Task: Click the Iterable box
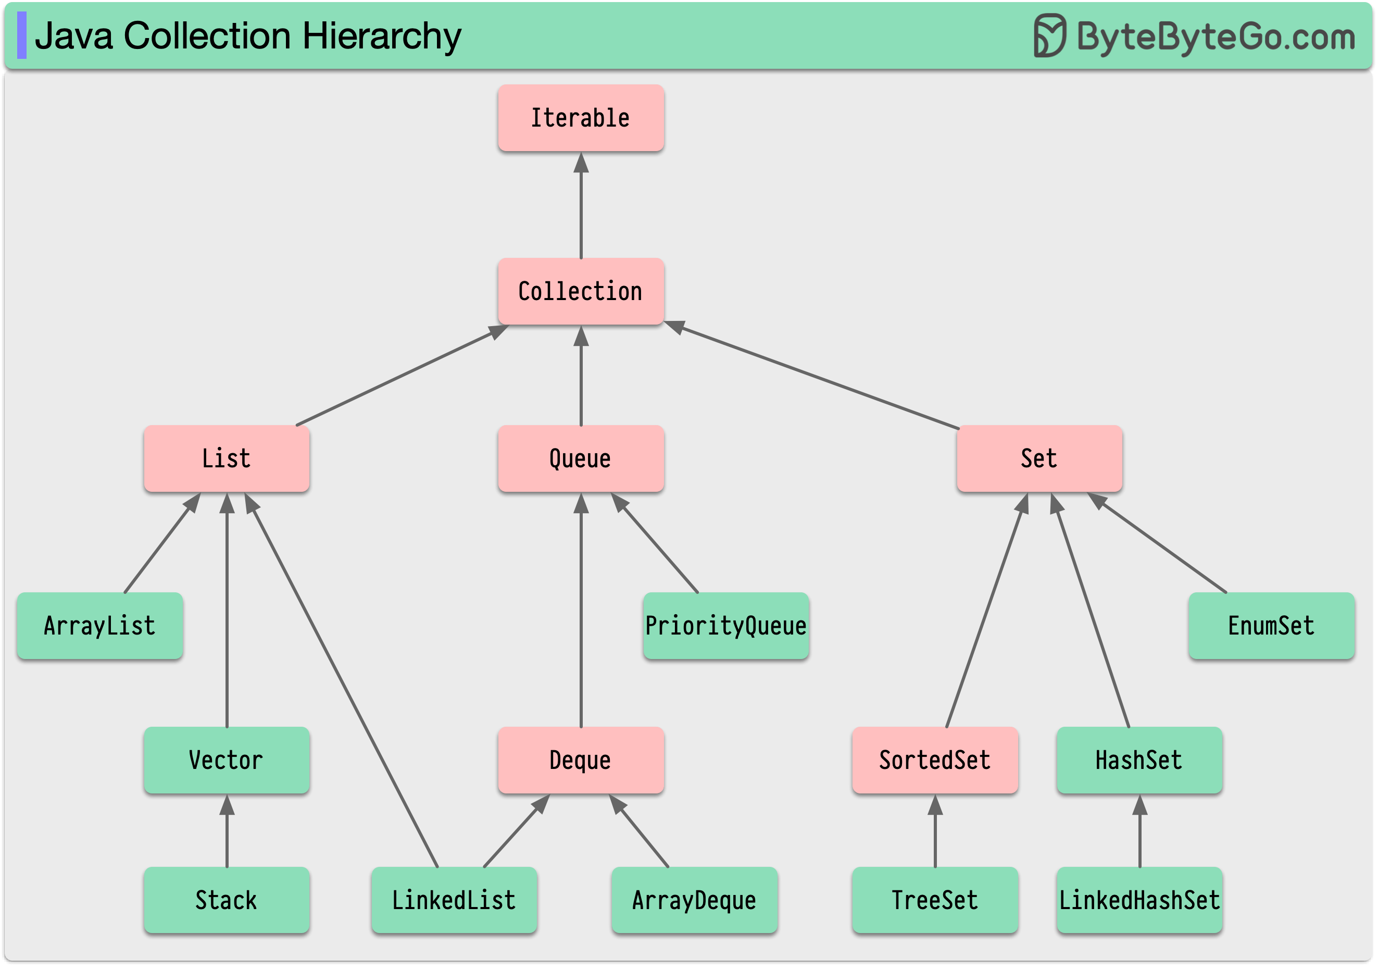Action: tap(580, 118)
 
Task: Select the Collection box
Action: tap(580, 291)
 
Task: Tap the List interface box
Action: tap(226, 458)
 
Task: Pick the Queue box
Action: tap(580, 458)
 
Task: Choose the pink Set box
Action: tap(1039, 458)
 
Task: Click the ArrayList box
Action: tap(99, 626)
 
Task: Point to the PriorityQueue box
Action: tap(725, 626)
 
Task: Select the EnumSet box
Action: tap(1271, 626)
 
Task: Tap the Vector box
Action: tap(226, 760)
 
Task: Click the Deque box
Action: tap(580, 760)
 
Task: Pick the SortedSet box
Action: tap(934, 760)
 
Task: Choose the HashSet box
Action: tap(1139, 760)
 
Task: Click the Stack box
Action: tap(226, 900)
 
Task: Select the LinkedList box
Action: tap(454, 900)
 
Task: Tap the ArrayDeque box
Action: tap(694, 900)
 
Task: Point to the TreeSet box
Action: tap(934, 900)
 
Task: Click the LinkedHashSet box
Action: tap(1139, 900)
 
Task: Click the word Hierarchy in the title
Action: tap(382, 36)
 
